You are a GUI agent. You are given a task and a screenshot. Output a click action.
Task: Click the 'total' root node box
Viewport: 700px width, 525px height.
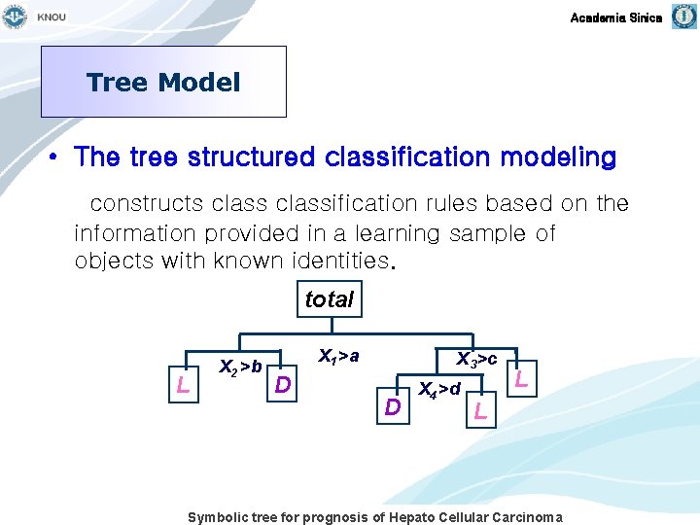click(x=329, y=299)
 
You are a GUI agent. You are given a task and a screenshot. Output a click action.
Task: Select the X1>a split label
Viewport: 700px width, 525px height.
click(x=338, y=357)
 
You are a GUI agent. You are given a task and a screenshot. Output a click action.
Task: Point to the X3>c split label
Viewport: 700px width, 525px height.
click(x=477, y=360)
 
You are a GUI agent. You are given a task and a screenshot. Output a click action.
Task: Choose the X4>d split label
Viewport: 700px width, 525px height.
click(x=438, y=390)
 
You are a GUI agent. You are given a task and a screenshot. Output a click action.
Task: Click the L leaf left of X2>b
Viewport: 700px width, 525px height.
click(x=183, y=386)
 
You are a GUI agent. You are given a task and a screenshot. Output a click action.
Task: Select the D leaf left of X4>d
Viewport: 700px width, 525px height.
click(x=392, y=406)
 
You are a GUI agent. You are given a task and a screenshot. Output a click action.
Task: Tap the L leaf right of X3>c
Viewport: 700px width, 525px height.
click(x=521, y=379)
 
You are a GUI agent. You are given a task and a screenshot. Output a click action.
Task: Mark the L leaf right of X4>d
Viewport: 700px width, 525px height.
click(x=479, y=411)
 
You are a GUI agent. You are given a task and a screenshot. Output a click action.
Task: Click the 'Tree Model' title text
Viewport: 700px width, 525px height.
click(x=163, y=83)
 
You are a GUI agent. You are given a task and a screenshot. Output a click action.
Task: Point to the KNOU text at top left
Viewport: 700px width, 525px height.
click(x=52, y=17)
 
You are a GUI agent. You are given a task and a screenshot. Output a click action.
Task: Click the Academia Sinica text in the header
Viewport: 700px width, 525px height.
click(x=615, y=17)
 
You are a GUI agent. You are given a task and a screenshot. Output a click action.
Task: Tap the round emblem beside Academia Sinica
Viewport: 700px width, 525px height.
click(x=682, y=17)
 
